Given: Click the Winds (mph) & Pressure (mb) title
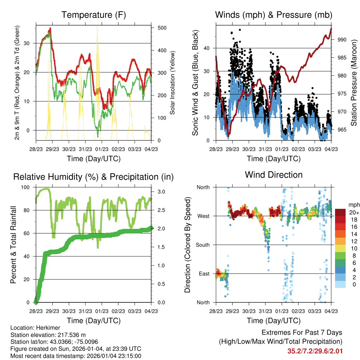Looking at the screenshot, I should [x=274, y=15].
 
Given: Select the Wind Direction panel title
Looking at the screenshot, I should [x=274, y=175].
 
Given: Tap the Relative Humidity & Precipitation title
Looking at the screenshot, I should [x=93, y=177].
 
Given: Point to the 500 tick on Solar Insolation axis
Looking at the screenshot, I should [x=162, y=28].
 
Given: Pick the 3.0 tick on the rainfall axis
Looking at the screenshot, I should [x=161, y=192].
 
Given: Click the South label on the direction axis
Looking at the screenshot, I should [x=203, y=245].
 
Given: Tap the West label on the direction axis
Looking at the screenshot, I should [x=204, y=216].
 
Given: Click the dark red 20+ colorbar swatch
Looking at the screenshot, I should [x=341, y=212].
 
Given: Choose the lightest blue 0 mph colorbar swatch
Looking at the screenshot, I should [x=341, y=284].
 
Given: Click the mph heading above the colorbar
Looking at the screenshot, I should [x=353, y=205].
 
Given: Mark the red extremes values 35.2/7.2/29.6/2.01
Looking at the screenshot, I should [x=315, y=351].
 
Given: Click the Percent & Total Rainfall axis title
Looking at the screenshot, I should [x=14, y=245].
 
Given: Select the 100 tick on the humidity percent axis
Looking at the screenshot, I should [x=26, y=187].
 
